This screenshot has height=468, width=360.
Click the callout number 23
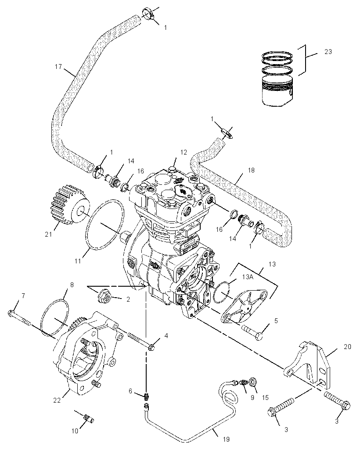(x=328, y=52)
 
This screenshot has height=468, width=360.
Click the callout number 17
(x=58, y=66)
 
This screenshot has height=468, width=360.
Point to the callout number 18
(x=251, y=170)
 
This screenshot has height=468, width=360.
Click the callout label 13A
(x=248, y=277)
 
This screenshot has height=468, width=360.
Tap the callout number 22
(x=57, y=400)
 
